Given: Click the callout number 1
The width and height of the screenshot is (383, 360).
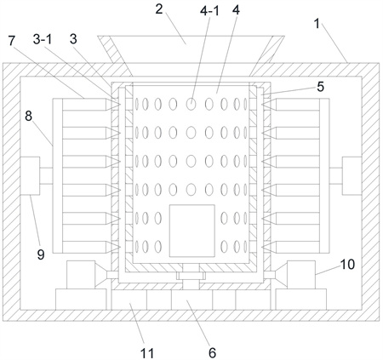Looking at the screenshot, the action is coord(317,24).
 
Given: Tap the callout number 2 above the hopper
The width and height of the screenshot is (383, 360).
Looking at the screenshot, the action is coord(159,9).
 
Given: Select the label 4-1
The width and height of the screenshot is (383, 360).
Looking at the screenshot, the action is coord(209,11).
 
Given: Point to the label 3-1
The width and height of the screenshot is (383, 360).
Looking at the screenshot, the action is coord(43,39).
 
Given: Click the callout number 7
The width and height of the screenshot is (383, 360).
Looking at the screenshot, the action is coord(11,41).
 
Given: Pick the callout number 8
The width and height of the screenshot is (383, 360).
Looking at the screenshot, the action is coord(28,116).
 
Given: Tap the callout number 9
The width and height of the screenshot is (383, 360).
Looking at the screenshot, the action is coord(41,254).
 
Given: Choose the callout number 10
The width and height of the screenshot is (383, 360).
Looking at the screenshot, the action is coord(347,264).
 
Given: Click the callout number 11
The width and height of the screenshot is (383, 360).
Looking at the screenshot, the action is coord(147,353).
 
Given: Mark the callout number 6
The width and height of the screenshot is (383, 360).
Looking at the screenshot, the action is coord(212,353).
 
